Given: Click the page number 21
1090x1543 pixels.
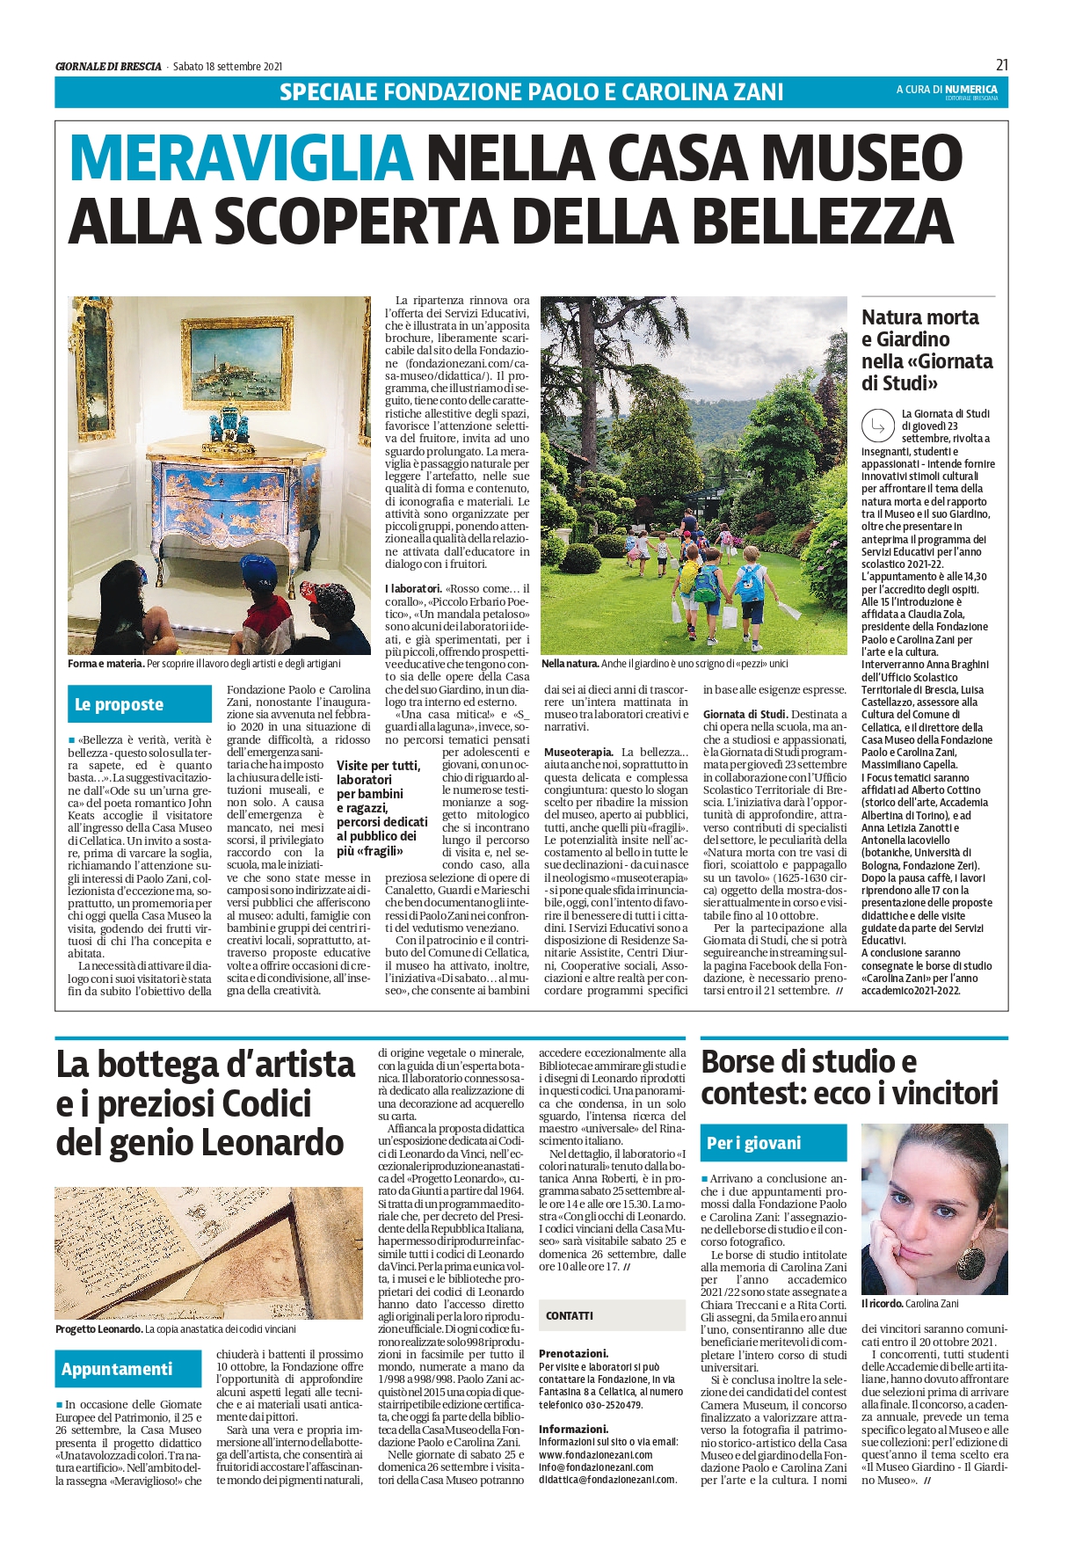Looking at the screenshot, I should point(1002,64).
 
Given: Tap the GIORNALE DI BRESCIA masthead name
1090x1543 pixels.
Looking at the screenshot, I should point(108,66).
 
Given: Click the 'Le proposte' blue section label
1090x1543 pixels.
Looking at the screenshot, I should point(119,704).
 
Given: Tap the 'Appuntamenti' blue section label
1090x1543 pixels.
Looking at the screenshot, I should point(117,1369).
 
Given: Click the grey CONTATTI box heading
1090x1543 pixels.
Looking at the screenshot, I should point(569,1316).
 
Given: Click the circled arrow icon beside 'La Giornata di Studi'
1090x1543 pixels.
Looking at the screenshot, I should point(877,426).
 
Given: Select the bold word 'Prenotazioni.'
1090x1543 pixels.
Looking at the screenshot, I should point(573,1354).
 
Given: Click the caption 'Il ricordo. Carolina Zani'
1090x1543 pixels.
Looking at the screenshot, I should point(909,1304).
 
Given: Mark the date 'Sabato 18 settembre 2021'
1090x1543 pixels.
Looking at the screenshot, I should point(228,66).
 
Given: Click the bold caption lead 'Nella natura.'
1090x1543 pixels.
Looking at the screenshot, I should point(570,664).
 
